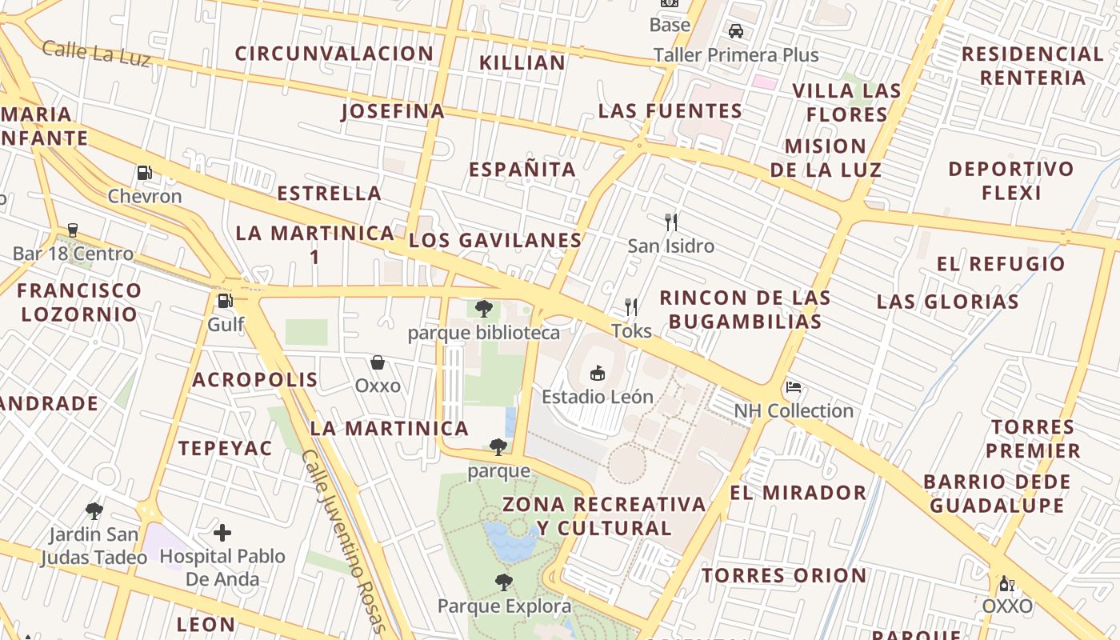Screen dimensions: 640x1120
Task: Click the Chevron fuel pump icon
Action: point(144,172)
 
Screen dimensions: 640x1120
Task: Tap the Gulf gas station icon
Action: point(226,301)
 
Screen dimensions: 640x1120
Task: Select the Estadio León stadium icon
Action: point(597,373)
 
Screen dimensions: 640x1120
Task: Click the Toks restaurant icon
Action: point(631,307)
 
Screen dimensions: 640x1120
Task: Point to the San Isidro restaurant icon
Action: point(670,222)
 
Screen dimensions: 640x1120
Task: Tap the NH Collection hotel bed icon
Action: point(794,387)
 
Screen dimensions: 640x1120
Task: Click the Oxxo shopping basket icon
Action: point(378,362)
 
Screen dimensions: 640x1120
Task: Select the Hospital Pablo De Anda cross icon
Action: point(222,533)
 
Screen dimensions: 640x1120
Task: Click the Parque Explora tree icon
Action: point(503,582)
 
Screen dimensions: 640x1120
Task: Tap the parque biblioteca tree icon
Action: point(483,309)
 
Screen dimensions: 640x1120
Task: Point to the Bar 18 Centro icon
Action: point(73,230)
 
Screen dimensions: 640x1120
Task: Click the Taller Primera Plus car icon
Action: point(736,31)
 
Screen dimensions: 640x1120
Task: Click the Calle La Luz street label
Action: point(95,53)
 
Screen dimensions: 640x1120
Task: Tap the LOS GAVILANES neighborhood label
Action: point(495,241)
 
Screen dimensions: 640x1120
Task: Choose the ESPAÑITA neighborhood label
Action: point(522,170)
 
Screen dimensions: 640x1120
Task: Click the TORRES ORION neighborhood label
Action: point(784,575)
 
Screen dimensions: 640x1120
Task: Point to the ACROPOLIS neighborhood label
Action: point(255,379)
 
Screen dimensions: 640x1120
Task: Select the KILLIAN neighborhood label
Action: point(522,62)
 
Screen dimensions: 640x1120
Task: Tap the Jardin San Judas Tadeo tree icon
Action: point(94,510)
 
